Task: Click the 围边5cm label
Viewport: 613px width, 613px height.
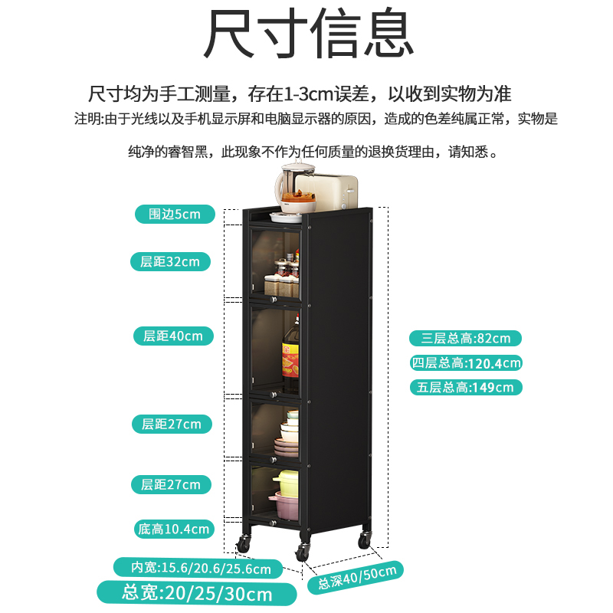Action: [x=175, y=214]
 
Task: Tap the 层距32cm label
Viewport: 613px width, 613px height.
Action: [x=169, y=261]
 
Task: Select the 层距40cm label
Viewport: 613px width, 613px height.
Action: [x=172, y=336]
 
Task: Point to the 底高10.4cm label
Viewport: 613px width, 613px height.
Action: [x=172, y=528]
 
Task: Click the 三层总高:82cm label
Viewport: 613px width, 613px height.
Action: [x=465, y=338]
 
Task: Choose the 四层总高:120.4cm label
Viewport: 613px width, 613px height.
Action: [x=465, y=362]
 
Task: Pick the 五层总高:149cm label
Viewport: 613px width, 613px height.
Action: [x=465, y=387]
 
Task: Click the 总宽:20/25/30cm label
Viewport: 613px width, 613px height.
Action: [x=197, y=593]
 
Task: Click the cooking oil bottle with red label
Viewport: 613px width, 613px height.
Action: [x=290, y=356]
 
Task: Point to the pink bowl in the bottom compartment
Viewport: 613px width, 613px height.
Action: [x=287, y=506]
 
